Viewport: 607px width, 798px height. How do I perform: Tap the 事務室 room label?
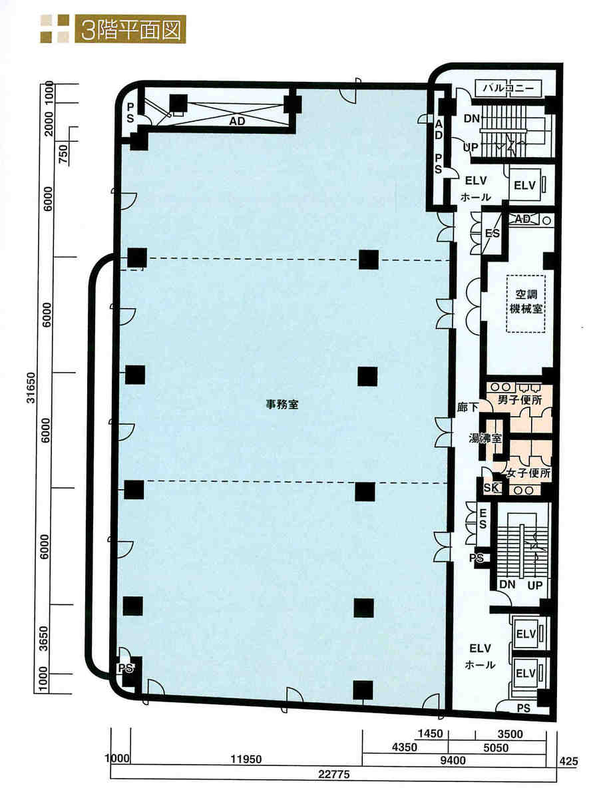282,405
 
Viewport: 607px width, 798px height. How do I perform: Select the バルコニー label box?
508,88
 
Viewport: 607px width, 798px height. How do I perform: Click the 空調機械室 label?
526,301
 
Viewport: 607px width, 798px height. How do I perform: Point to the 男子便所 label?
520,399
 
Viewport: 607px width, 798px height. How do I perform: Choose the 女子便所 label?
528,473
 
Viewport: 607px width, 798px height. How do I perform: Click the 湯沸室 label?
485,438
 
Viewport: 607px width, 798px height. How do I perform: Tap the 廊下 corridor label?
468,407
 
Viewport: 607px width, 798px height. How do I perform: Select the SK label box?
491,488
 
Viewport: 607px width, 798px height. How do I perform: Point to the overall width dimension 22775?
333,774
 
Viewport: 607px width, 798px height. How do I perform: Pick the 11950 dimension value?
246,759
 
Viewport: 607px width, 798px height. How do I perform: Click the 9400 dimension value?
453,760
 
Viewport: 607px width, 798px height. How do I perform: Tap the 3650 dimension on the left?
44,638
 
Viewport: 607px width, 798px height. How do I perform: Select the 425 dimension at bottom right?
568,761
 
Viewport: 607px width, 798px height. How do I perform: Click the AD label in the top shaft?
237,121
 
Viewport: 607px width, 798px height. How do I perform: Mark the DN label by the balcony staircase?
472,118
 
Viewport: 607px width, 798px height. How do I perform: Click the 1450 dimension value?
431,733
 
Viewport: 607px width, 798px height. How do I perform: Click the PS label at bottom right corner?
524,708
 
